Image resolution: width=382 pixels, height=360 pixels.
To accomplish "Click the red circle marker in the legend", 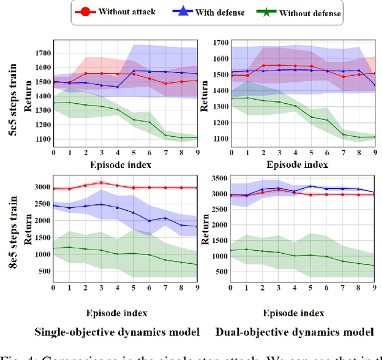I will point(87,12).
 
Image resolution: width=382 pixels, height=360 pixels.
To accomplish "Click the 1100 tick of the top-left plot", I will point(43,139).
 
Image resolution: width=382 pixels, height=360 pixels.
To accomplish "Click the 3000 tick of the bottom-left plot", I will point(42,187).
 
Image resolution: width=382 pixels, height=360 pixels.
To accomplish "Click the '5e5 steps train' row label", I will point(11,99).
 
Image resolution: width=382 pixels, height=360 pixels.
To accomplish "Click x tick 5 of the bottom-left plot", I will point(132,288).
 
